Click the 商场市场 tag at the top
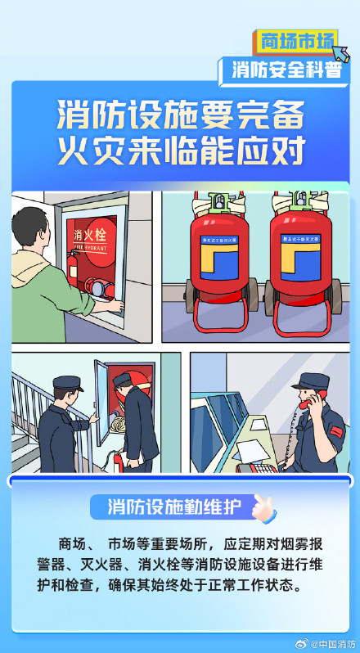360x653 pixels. pos(296,40)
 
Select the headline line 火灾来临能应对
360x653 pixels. pos(180,151)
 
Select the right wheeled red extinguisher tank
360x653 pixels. pos(296,262)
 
